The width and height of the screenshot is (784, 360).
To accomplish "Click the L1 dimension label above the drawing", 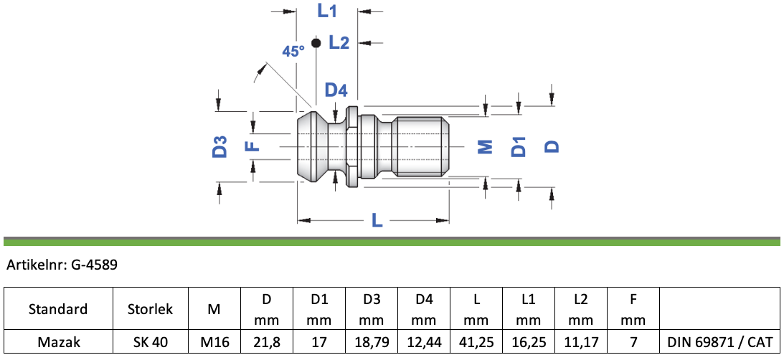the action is [x=327, y=11].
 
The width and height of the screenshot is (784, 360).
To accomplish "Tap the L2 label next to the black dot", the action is [x=339, y=43].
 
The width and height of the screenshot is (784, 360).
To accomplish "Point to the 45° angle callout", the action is [x=293, y=51].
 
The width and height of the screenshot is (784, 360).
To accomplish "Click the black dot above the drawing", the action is [x=316, y=43].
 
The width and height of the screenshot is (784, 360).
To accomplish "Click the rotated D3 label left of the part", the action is [x=220, y=147].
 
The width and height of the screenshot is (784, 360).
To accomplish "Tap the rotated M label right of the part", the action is [x=486, y=146].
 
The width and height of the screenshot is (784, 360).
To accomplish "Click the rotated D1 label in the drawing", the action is [x=519, y=146].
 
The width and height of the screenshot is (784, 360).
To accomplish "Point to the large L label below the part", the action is [x=377, y=220].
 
